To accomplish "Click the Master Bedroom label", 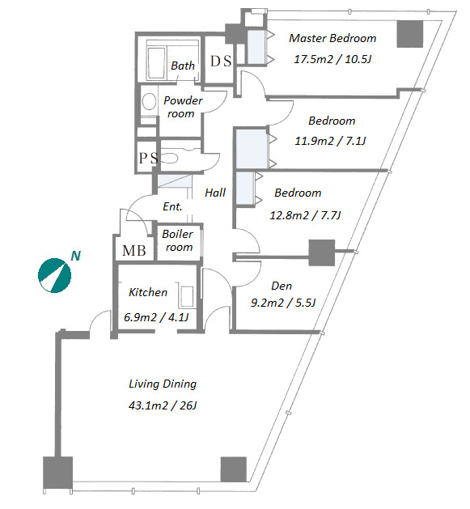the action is point(332,38).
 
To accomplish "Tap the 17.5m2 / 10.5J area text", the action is point(332,59).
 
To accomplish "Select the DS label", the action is point(221,61).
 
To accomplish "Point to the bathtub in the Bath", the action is point(156,63).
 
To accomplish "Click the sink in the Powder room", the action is point(149,102).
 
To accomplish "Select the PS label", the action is point(148,158).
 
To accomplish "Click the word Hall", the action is point(215,193).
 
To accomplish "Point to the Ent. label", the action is point(172,206).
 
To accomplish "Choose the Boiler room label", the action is point(177,240).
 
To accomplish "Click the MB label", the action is point(134,251).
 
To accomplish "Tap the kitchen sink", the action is point(187,296).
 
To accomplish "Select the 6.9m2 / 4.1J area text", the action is point(156,317).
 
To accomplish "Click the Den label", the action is point(282,286).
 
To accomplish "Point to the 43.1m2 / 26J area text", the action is point(163,405).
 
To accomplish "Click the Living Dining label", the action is point(163,384).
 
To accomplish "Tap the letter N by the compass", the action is point(75,257).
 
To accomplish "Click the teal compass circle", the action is point(54,276).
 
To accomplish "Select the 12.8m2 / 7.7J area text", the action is point(305,215).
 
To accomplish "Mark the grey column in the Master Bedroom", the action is point(410,34).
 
